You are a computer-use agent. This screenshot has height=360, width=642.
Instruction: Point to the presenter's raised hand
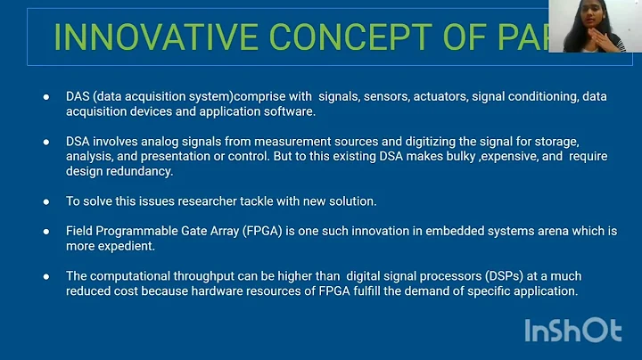[x=616, y=41]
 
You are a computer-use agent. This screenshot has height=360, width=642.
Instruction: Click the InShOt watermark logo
[x=572, y=330]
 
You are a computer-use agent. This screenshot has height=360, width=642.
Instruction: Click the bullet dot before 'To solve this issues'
[x=46, y=201]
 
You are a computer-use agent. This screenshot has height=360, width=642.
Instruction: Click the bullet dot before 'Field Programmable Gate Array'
[x=46, y=231]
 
